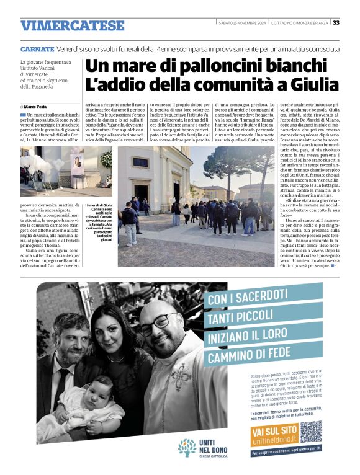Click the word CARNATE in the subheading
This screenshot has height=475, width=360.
pos(37,48)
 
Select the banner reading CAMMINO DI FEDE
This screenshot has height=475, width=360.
pos(248,355)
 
